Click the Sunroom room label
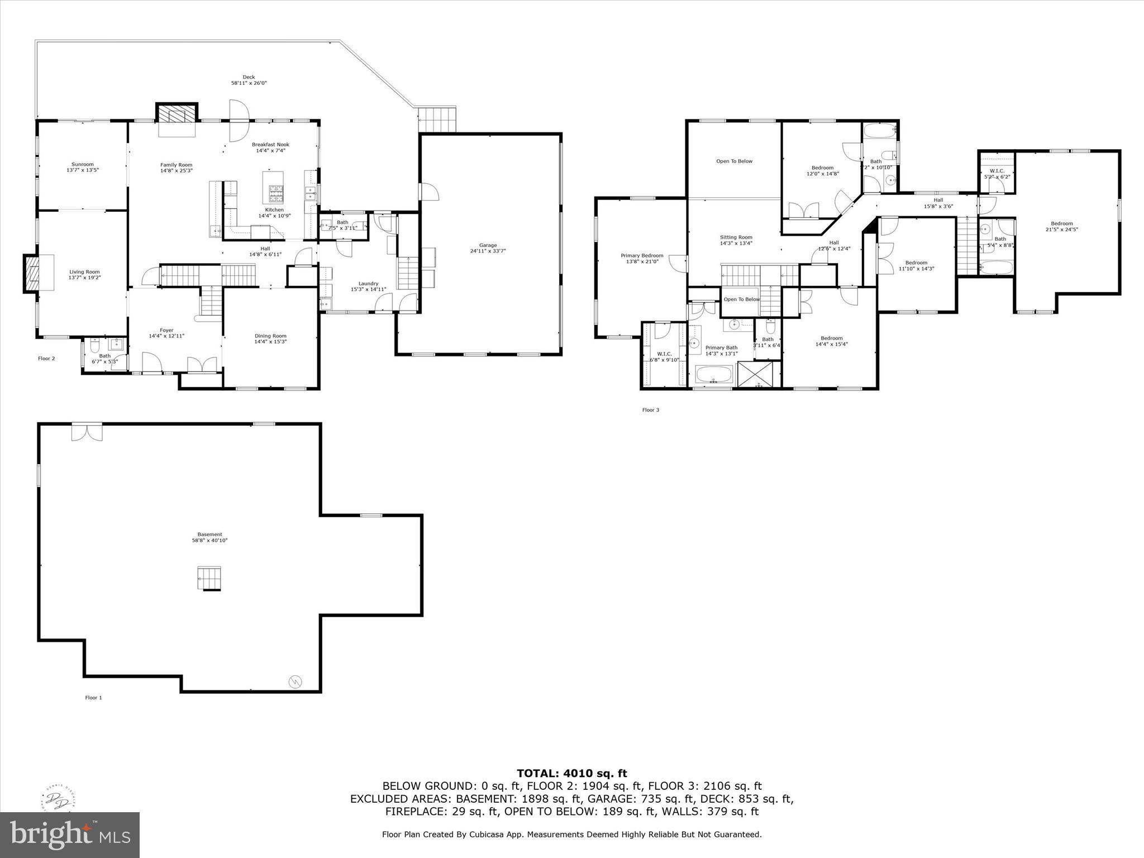tap(82, 164)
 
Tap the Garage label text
tap(488, 245)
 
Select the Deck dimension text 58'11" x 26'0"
tap(249, 83)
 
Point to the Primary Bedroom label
tap(642, 255)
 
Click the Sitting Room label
tap(736, 237)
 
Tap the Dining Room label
tap(270, 336)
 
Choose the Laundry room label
tap(368, 284)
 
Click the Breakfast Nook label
tap(270, 144)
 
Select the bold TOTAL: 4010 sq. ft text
tap(571, 773)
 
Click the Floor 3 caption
tap(650, 410)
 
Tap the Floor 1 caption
tap(93, 698)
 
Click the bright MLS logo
tap(70, 835)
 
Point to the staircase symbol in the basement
tap(209, 578)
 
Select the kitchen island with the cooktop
tap(273, 188)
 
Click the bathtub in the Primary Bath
tap(713, 374)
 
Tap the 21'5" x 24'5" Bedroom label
tap(1061, 223)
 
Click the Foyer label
tap(166, 331)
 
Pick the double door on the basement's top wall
tap(87, 432)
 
